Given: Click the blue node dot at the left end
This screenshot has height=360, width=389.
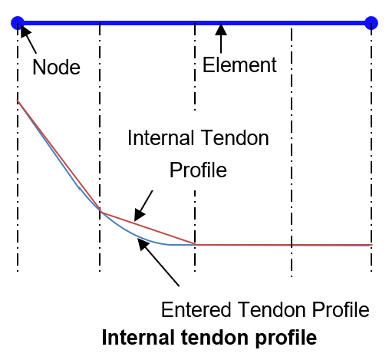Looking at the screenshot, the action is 18,23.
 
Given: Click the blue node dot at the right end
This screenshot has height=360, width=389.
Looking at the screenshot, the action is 371,23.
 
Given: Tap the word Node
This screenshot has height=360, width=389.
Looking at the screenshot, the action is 56,67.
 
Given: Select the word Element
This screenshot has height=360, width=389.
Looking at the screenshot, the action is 239,65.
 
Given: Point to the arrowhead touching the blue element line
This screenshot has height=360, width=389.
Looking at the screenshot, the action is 221,29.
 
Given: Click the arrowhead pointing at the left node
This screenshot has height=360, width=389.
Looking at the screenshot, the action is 25,31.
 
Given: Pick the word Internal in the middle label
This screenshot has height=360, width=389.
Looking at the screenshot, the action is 160,137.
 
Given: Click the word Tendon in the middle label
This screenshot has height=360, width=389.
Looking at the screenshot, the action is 235,137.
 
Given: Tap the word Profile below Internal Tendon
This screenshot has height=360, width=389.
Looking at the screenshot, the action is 198,170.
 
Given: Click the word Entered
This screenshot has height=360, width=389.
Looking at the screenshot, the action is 196,309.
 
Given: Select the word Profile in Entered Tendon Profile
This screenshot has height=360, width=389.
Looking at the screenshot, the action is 341,309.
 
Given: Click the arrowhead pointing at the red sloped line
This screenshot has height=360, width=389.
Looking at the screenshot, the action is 139,214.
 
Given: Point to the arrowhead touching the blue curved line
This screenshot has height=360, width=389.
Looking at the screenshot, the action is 143,244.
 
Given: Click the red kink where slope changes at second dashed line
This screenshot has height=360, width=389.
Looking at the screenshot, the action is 101,211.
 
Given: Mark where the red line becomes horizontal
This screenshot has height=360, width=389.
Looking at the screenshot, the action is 195,245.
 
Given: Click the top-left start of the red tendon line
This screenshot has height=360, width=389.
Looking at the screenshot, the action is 18,101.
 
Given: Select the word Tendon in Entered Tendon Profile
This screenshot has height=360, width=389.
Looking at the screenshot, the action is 272,309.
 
